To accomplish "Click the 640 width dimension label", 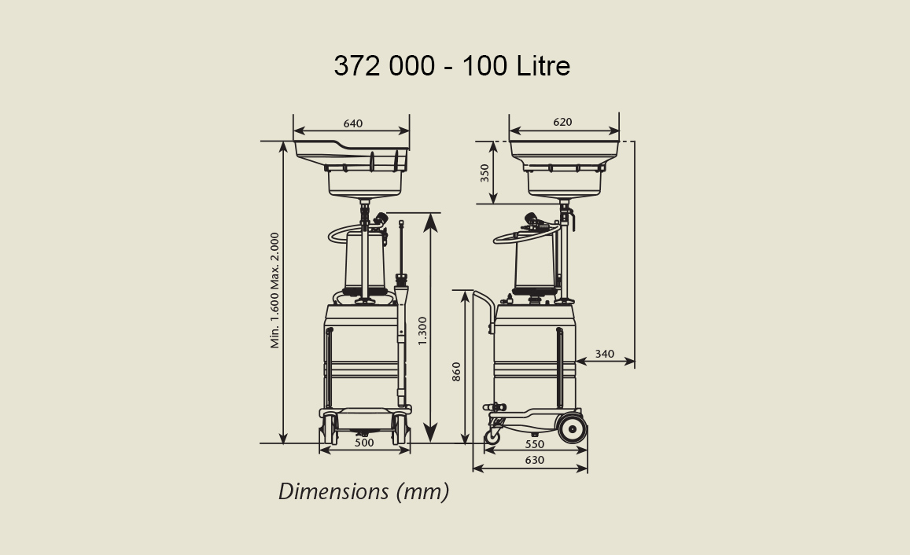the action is click(353, 123).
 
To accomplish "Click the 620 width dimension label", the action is click(562, 122).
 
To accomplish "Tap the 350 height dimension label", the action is click(484, 173).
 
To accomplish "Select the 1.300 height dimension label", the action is click(422, 331).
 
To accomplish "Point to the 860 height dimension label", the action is click(456, 372).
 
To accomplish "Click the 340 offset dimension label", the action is click(604, 354).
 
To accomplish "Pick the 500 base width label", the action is click(364, 443).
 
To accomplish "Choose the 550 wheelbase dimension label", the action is click(535, 444).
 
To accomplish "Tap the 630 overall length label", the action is click(535, 460).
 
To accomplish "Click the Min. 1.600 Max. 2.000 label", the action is click(274, 291).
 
